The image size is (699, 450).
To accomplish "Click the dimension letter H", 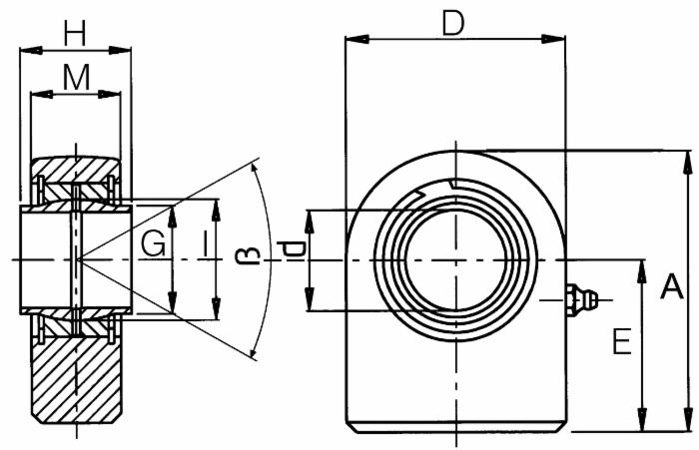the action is [x=75, y=33].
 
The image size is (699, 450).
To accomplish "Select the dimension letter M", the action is [x=76, y=77].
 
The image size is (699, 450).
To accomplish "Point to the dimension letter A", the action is [x=671, y=286].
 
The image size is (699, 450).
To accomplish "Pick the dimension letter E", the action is [x=622, y=341].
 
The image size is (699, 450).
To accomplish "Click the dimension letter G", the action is [x=154, y=244].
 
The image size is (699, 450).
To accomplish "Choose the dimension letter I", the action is [x=205, y=244].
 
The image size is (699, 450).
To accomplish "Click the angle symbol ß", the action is [x=250, y=254].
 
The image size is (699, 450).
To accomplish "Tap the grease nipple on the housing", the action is [x=582, y=300].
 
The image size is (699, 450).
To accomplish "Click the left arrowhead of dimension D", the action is [x=356, y=39].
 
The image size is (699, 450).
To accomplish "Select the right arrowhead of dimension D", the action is [x=553, y=39].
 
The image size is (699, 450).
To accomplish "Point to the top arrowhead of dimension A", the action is [x=688, y=163].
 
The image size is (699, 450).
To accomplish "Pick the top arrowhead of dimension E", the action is [x=642, y=271].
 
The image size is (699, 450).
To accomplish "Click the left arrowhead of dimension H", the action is [x=31, y=50].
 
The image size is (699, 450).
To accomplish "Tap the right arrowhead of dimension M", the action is [x=109, y=94].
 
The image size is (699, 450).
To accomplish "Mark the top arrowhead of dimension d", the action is [x=310, y=222].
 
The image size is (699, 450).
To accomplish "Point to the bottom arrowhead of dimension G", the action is [x=173, y=302].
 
